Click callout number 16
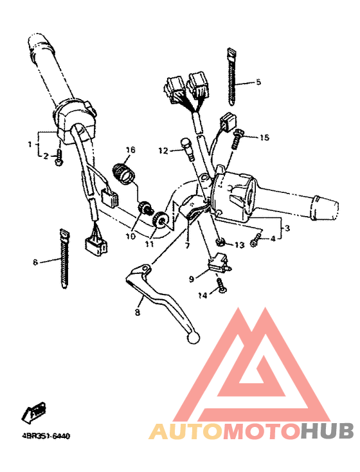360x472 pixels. [130, 150]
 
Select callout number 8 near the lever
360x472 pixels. [137, 313]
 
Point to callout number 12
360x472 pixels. [163, 150]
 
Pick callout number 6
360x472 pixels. [35, 262]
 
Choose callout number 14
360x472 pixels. [203, 295]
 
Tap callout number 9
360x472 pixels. [191, 279]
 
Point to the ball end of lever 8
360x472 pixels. [192, 336]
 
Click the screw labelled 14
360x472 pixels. [222, 285]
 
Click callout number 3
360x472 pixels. [286, 228]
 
